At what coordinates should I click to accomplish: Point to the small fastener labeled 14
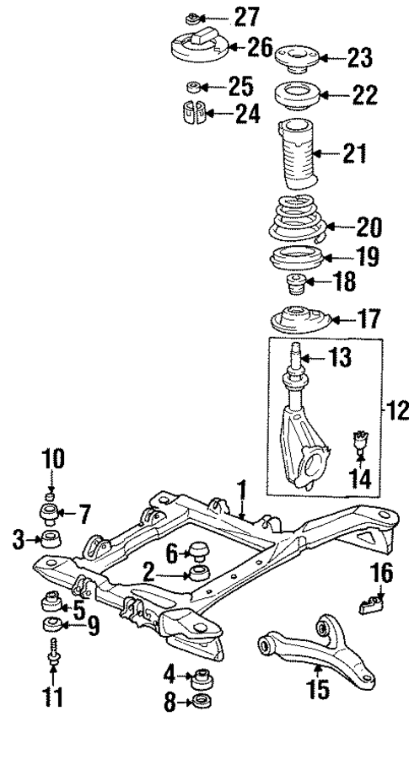362,441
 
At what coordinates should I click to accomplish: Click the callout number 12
396,413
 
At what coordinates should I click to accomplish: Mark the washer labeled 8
202,702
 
